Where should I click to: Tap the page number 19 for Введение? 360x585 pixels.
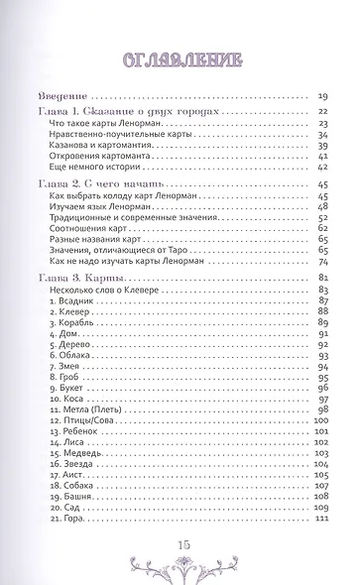pos(323,96)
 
